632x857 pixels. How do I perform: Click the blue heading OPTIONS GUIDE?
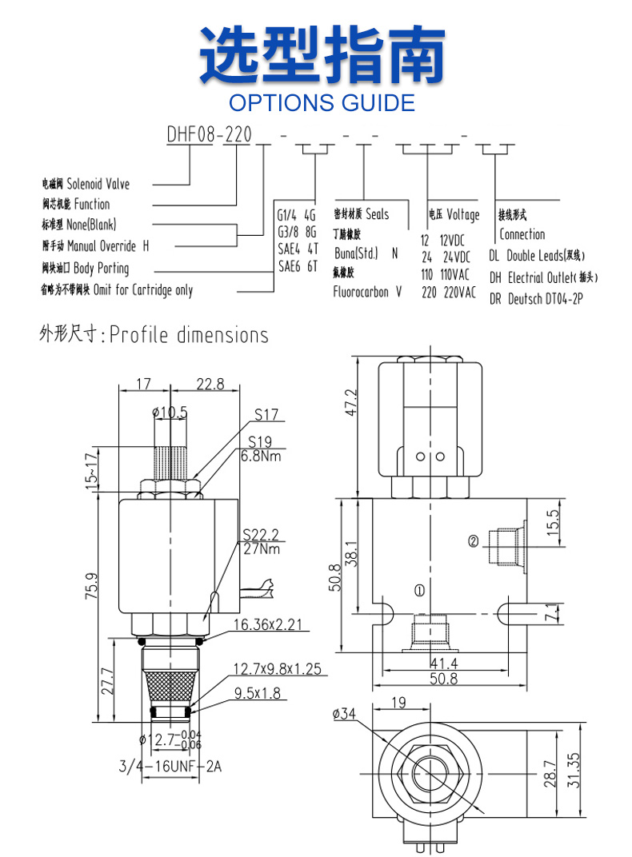[x=322, y=102]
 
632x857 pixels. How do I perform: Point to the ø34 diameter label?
[x=342, y=714]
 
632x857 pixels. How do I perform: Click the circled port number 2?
[x=473, y=541]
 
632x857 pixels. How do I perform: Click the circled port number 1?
[x=419, y=591]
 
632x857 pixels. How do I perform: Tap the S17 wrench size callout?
[x=266, y=415]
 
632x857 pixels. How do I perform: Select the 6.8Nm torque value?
[x=260, y=456]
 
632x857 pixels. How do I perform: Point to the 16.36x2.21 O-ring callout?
[x=268, y=625]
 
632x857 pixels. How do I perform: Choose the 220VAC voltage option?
[x=449, y=293]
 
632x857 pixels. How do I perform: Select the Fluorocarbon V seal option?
[x=367, y=292]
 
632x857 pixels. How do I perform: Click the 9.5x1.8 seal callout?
[x=257, y=692]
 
